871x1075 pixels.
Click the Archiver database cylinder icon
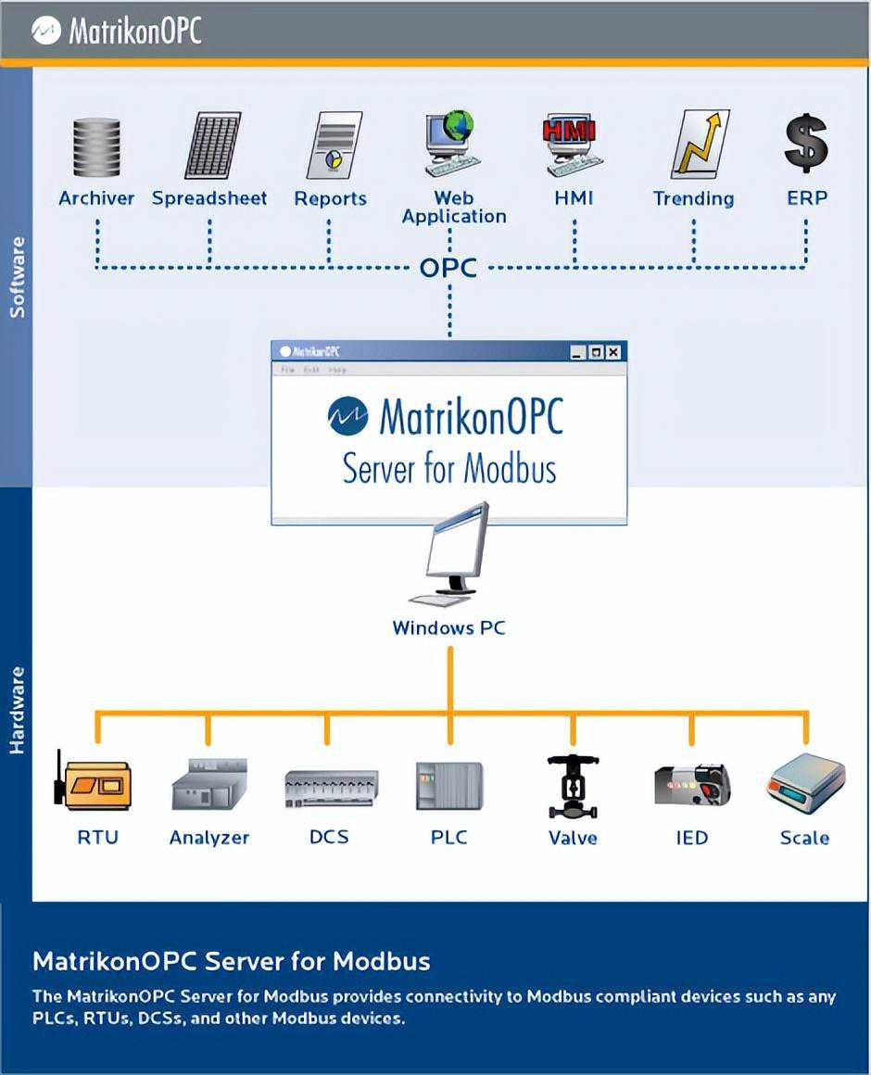[x=96, y=146]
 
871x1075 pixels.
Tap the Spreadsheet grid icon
[x=212, y=145]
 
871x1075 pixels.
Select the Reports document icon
[x=333, y=145]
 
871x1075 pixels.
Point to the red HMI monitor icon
[x=571, y=144]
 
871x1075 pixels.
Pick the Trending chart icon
[x=700, y=145]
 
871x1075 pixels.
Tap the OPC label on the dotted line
[x=448, y=268]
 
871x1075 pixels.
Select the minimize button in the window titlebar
[x=577, y=352]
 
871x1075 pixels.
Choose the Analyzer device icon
[x=209, y=785]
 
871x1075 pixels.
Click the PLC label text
[x=449, y=838]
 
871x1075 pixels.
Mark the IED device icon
[x=691, y=785]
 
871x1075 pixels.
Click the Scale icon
[x=806, y=783]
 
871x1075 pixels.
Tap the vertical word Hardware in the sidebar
[x=17, y=709]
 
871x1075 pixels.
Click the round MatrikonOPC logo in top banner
[x=45, y=31]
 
